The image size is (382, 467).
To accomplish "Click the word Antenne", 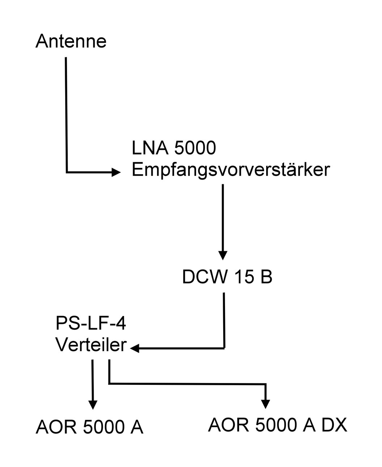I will pos(71,41).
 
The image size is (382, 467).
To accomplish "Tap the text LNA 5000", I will pos(174,148).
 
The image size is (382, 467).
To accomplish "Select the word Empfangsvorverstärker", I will pos(231,170).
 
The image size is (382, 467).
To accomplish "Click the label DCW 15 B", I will pos(227,277).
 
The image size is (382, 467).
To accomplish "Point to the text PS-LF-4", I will pos(91,324).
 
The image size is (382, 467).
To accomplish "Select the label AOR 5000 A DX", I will pos(277,425).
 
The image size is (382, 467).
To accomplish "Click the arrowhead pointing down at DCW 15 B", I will pos(223,255).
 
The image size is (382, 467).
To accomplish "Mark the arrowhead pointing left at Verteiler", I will pos(135,349).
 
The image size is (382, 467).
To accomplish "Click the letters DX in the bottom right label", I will pos(334,425).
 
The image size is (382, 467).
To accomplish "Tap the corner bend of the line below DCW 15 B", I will pos(224,348).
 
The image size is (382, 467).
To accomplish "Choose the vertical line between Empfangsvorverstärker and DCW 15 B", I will pos(222,217).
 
